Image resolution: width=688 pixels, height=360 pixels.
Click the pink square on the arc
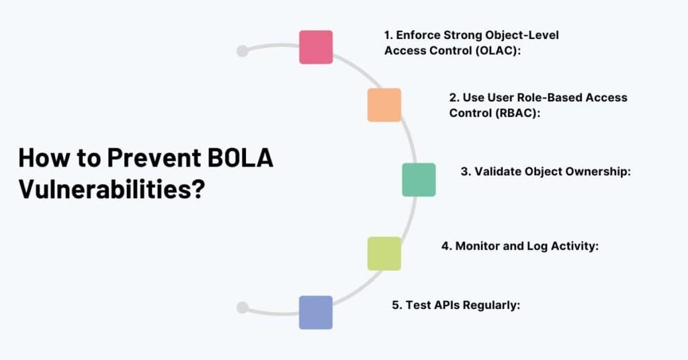point(316,47)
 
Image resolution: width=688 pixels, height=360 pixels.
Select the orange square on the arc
point(384,105)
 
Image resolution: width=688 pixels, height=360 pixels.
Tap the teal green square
point(419,179)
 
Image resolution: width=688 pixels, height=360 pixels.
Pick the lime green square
point(384,253)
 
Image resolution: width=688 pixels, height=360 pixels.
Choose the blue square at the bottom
point(316,312)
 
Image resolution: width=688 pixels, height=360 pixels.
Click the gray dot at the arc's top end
point(243,51)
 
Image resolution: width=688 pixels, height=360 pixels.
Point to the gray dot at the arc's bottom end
point(243,308)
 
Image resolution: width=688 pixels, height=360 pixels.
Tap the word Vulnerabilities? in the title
point(112,189)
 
